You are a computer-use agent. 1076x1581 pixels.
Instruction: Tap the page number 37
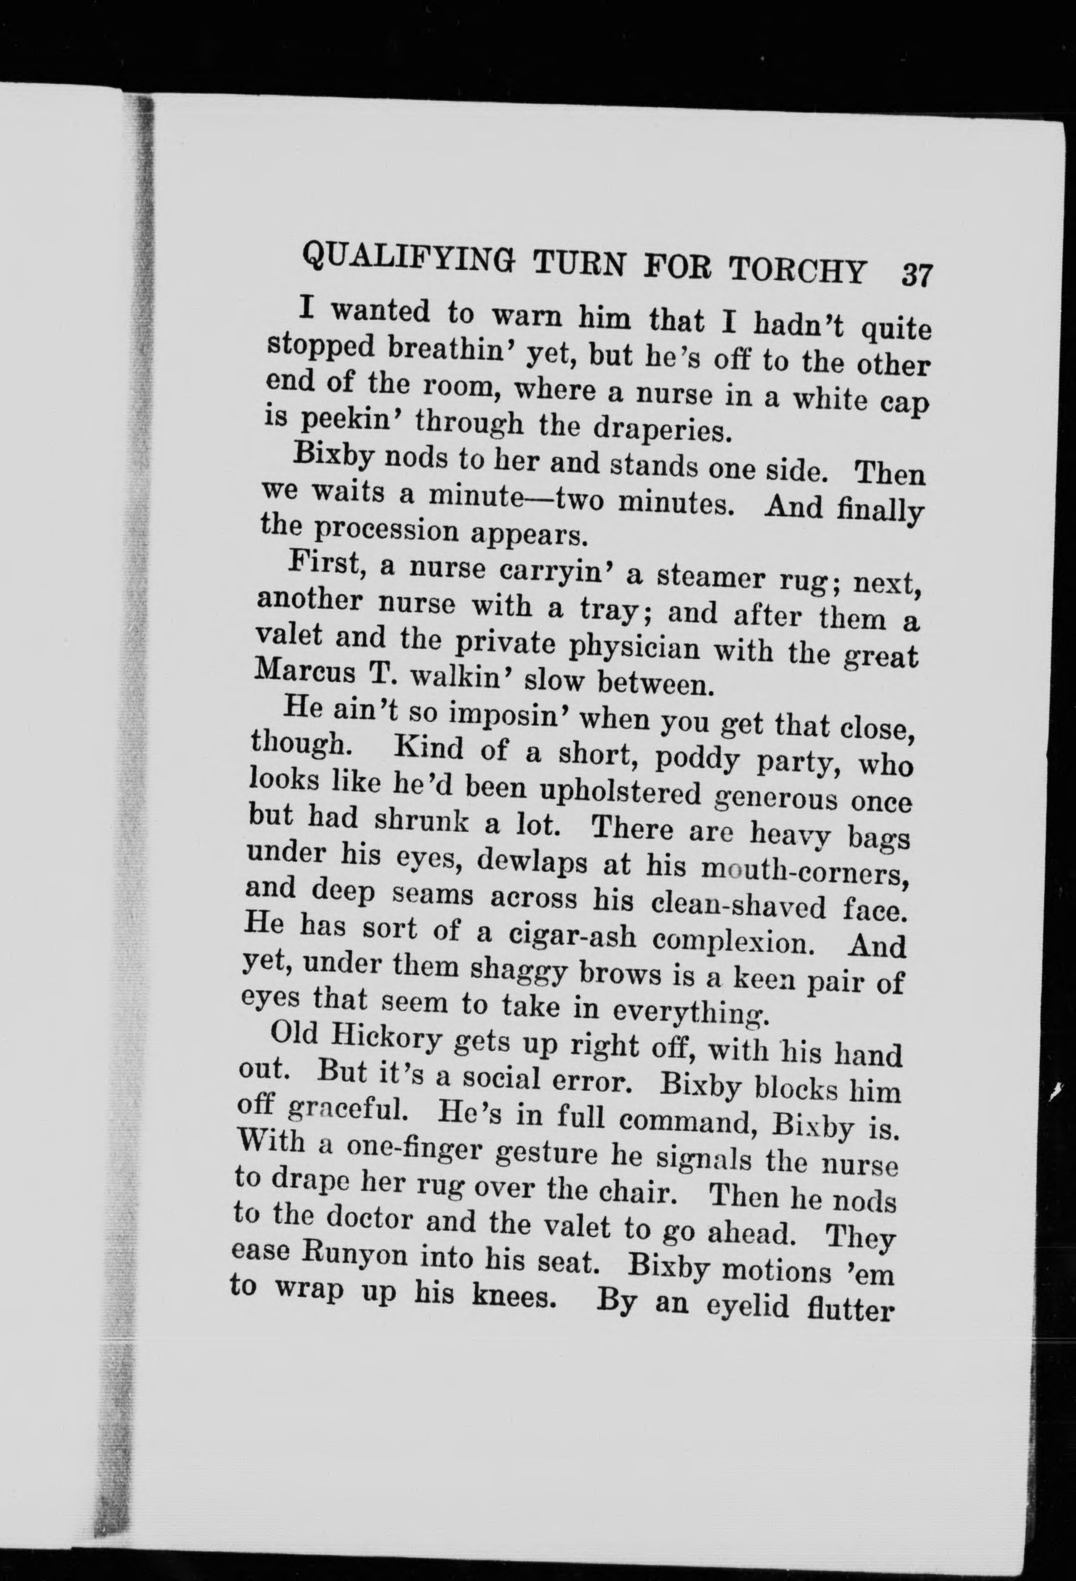coord(917,277)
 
